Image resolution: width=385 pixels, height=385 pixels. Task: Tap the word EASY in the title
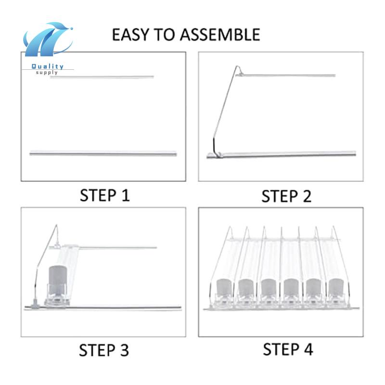tap(128, 35)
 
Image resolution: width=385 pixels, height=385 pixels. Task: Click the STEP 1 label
tap(104, 195)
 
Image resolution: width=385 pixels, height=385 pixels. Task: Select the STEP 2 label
tap(286, 196)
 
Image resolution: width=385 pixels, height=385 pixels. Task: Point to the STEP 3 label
tap(104, 350)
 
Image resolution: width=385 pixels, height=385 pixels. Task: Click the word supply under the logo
tap(47, 73)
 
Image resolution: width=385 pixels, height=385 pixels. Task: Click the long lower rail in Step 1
tap(103, 153)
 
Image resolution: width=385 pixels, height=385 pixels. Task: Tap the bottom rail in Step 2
tap(284, 154)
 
